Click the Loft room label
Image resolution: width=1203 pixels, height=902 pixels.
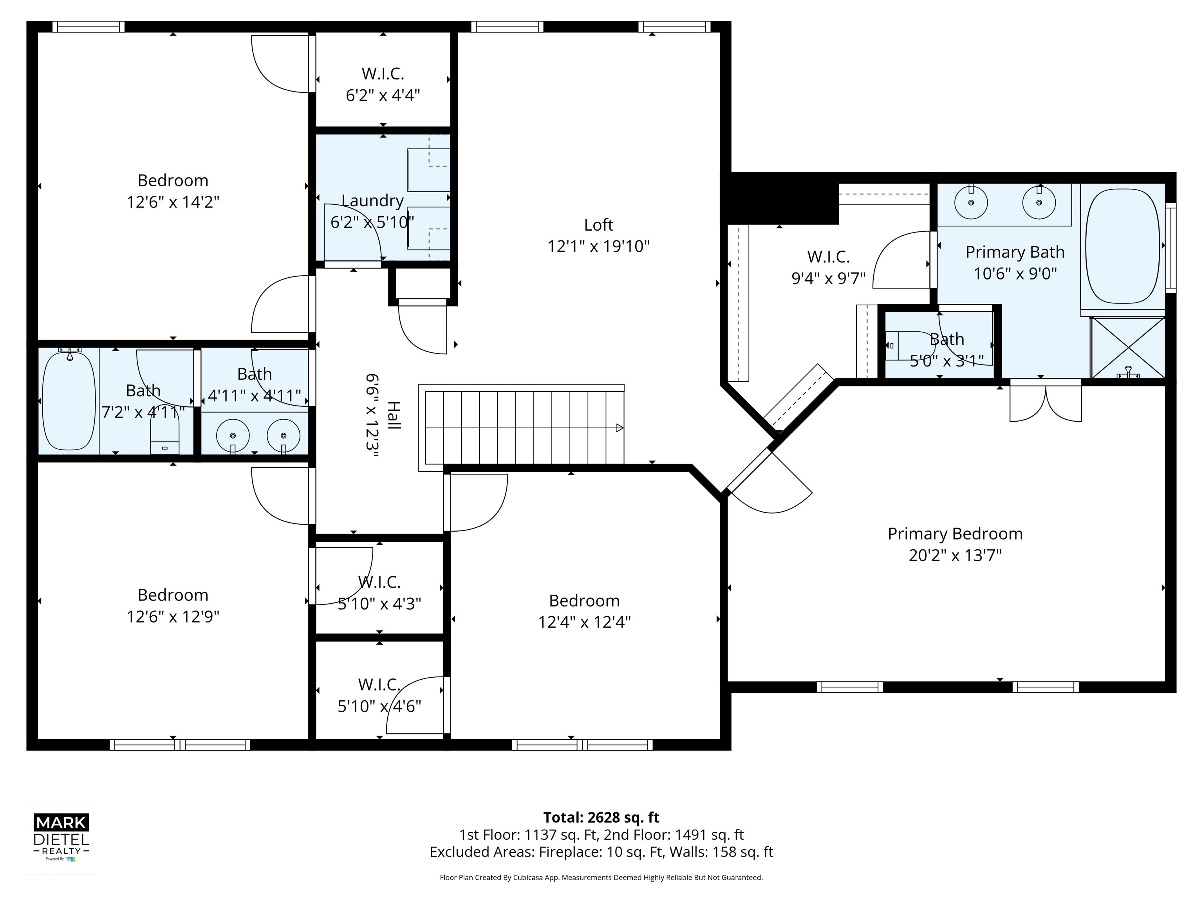[598, 225]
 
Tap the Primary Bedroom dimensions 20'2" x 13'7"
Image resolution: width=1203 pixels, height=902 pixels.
[955, 555]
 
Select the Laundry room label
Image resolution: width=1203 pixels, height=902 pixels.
[372, 200]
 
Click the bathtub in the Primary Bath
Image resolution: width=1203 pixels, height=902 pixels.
[1122, 246]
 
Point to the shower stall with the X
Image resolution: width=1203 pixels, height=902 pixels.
[1127, 347]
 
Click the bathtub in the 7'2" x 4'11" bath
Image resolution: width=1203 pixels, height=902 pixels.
[69, 401]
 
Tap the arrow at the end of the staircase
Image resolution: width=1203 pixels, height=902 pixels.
[619, 428]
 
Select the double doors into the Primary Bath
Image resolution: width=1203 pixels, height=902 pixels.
[1045, 402]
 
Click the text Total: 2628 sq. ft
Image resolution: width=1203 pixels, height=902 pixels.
[601, 817]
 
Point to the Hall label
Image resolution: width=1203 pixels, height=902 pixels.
[393, 416]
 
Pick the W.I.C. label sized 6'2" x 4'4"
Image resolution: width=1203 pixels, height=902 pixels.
[383, 73]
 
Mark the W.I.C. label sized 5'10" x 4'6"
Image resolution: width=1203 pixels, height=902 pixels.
[379, 684]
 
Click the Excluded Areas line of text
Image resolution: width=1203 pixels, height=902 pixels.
[601, 851]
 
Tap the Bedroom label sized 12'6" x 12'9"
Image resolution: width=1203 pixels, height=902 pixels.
[173, 595]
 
